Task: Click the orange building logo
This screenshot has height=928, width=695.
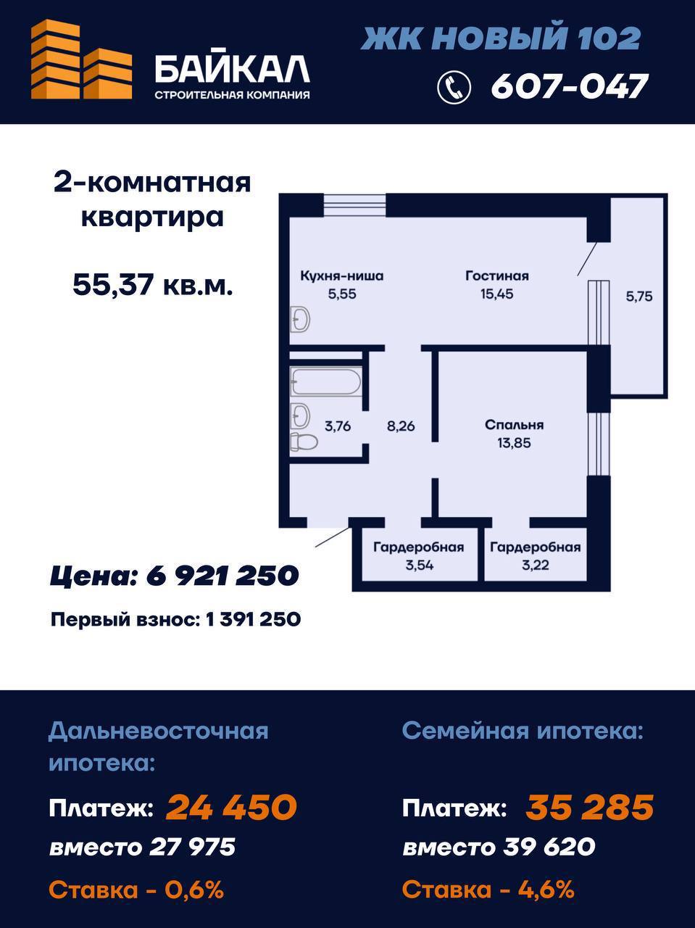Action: point(81,59)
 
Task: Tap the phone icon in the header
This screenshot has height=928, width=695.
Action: point(454,87)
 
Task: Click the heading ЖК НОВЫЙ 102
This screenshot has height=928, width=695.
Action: point(501,38)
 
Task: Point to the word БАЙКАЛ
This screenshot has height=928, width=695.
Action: point(232,70)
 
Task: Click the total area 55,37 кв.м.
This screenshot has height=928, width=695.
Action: point(152,284)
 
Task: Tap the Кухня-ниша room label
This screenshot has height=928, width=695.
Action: point(342,276)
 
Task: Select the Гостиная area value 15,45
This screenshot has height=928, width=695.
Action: point(497,294)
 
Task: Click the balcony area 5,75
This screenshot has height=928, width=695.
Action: point(638,297)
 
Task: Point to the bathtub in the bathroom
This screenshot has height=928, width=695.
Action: point(325,381)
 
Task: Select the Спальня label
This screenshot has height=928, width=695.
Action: point(514,424)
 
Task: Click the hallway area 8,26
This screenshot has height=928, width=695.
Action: point(401,426)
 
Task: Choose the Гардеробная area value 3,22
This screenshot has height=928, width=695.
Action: point(536,565)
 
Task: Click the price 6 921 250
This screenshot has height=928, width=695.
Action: point(222,576)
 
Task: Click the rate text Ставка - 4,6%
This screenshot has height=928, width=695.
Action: point(488,889)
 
